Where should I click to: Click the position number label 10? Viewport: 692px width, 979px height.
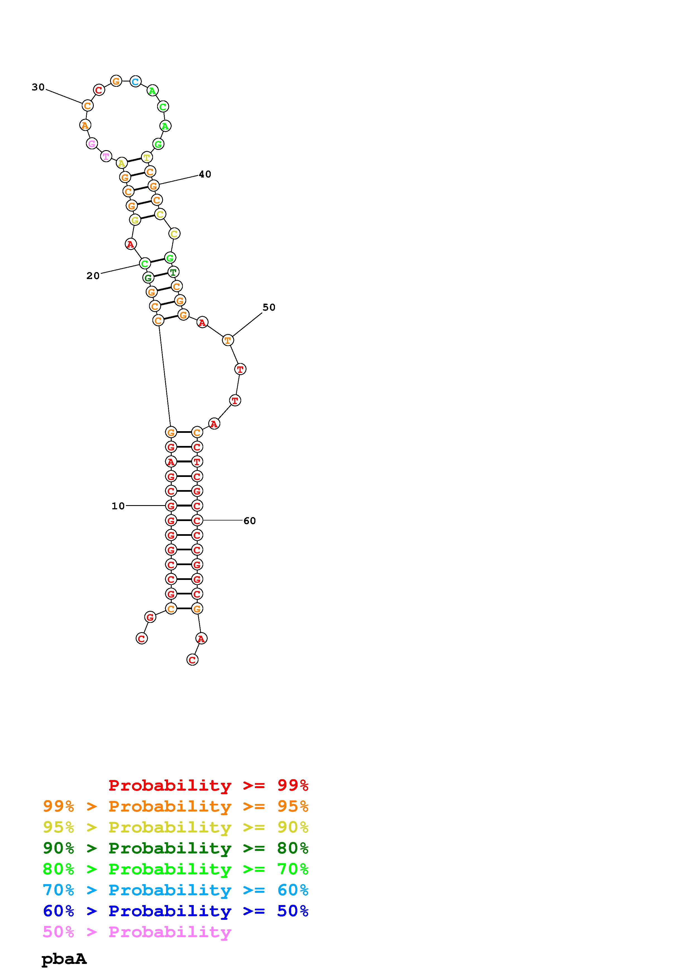[x=118, y=506]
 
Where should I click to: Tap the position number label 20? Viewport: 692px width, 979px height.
[x=93, y=276]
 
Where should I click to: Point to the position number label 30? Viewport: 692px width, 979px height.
[x=38, y=87]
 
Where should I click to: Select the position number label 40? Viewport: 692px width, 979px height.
[x=205, y=174]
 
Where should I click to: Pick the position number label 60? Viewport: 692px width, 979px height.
[x=250, y=521]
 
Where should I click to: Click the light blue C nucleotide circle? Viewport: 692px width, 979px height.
[x=135, y=81]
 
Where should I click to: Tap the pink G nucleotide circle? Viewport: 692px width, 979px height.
[x=92, y=144]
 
